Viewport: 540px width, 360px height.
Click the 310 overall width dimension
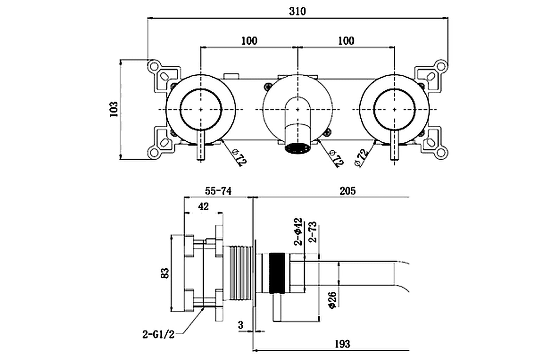point(297,11)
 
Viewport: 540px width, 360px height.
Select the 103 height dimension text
point(114,109)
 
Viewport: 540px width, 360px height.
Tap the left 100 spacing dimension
point(249,40)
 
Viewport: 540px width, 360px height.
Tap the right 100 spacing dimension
point(346,40)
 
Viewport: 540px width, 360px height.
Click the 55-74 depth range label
point(218,191)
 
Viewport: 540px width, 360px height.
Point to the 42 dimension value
point(203,206)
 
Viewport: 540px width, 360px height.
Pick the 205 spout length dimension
point(347,191)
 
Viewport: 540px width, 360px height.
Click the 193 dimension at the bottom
point(342,343)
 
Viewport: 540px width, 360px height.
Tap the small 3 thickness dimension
point(240,325)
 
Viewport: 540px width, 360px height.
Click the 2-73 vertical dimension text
point(312,232)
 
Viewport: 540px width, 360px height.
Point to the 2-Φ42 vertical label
point(298,231)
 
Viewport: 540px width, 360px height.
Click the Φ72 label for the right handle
point(362,157)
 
